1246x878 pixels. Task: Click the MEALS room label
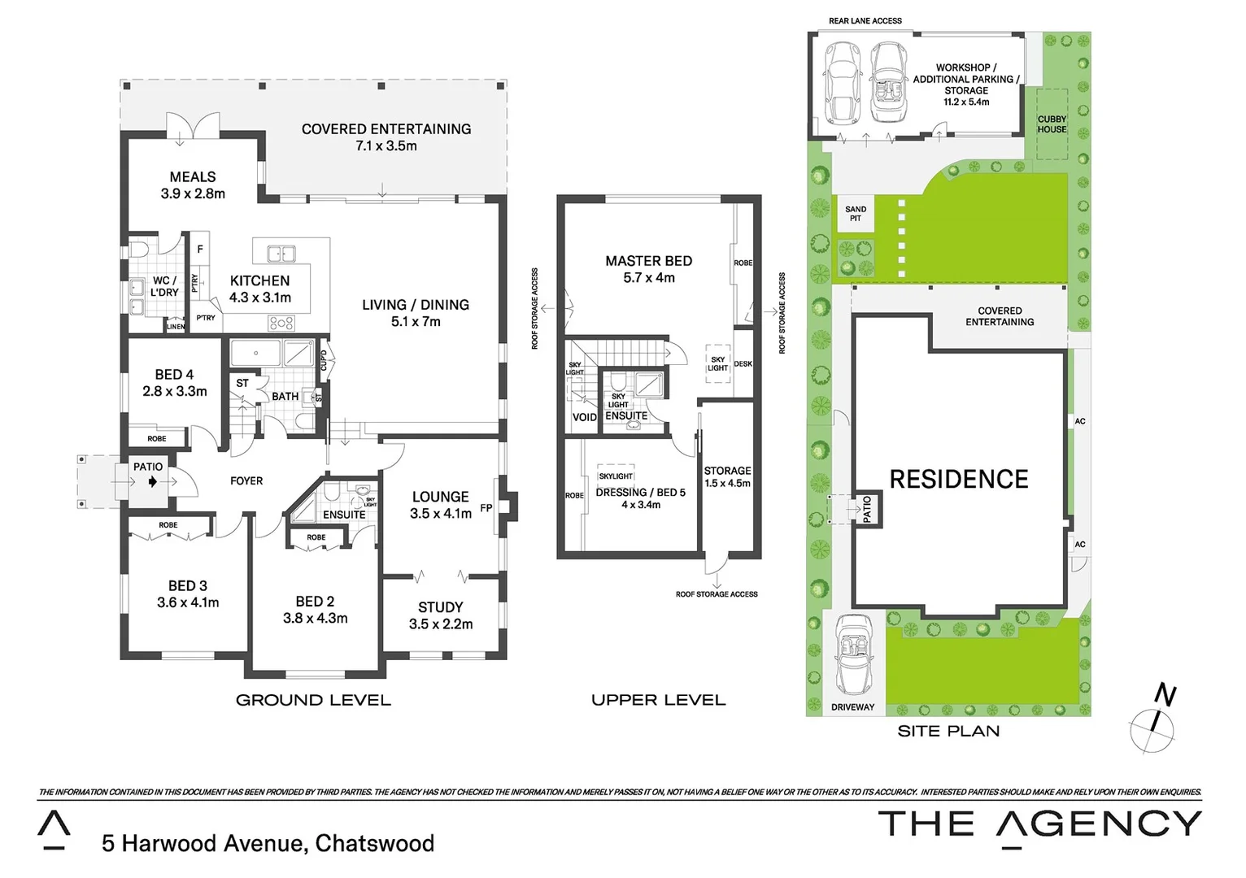point(193,177)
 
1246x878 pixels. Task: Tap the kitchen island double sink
point(281,253)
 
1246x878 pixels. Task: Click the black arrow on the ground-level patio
point(153,482)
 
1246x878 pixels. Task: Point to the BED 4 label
point(174,375)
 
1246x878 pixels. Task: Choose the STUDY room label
point(440,607)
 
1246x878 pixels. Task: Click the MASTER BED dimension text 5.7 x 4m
point(648,278)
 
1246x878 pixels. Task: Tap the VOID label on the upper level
point(584,417)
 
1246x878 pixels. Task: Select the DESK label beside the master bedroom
point(743,364)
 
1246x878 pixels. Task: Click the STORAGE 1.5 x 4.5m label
point(727,476)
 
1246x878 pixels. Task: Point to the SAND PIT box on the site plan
point(855,214)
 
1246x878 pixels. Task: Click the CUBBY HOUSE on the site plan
point(1052,124)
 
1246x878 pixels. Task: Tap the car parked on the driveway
point(852,653)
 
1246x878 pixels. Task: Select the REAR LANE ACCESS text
point(865,21)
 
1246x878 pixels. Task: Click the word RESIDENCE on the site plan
point(958,480)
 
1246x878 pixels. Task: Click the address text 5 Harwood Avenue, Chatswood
point(268,844)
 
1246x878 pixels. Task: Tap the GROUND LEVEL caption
point(313,700)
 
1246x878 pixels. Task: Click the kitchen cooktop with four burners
point(281,323)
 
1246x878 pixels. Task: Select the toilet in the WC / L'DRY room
point(139,249)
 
